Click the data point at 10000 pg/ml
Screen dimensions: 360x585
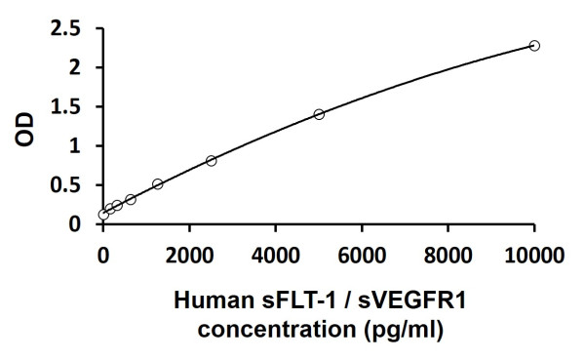[x=534, y=46]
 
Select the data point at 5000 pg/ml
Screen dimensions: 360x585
[x=319, y=114]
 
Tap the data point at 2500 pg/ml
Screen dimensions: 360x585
[x=211, y=160]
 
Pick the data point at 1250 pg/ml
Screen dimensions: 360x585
[x=157, y=183]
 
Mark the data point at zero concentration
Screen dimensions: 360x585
[x=103, y=215]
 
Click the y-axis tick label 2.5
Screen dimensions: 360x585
[x=67, y=28]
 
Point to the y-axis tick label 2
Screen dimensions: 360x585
[x=74, y=67]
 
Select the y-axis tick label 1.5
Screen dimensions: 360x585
[x=67, y=106]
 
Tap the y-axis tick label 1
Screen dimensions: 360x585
[x=74, y=145]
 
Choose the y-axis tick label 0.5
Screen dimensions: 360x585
[x=67, y=184]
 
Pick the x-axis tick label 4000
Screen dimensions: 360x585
[x=276, y=256]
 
